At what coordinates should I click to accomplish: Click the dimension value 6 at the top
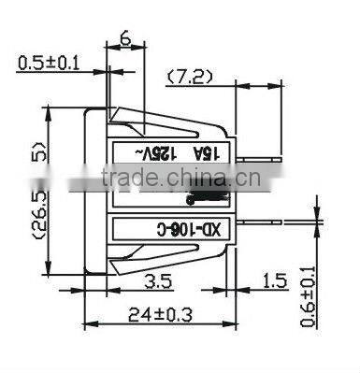123,38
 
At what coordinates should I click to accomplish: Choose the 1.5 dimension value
274,281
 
